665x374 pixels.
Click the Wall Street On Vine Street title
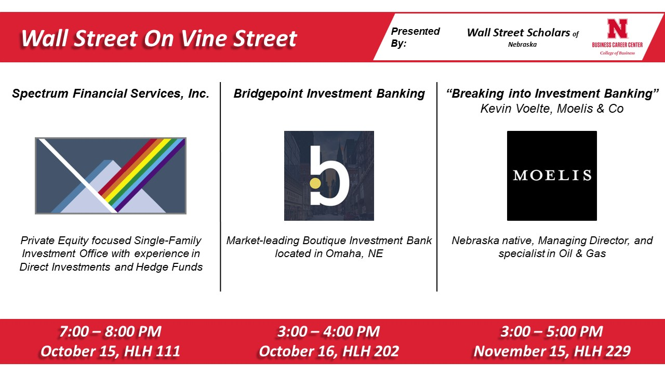[x=159, y=38]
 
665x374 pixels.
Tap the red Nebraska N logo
[x=617, y=29]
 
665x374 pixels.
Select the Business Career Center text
[x=617, y=45]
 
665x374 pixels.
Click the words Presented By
[x=415, y=37]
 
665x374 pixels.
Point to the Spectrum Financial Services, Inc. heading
[x=111, y=94]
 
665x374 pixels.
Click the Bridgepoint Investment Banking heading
[x=329, y=94]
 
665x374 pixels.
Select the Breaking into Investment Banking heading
[x=552, y=94]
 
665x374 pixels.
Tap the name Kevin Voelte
[x=516, y=109]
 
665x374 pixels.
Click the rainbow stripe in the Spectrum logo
[x=142, y=175]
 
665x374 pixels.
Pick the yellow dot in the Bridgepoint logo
[x=315, y=183]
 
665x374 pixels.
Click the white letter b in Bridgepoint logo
[x=329, y=176]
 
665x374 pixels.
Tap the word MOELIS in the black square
[x=552, y=176]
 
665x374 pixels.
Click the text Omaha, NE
[x=354, y=254]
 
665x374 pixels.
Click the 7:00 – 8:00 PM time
[x=110, y=331]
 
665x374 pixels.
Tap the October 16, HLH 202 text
[x=329, y=352]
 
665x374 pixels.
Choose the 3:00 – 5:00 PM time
[x=552, y=331]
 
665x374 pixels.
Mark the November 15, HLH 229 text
[x=552, y=352]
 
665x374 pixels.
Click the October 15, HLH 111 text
[x=110, y=352]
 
